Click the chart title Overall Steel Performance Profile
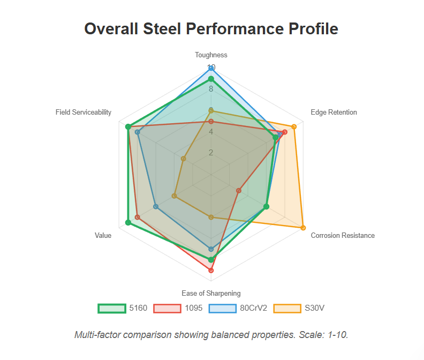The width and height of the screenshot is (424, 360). pos(211,28)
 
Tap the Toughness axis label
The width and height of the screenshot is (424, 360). pos(211,55)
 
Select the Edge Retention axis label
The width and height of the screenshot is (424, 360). pos(334,112)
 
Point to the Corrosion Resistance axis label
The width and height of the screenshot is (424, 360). pos(343,235)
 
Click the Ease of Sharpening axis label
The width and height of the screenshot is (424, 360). pos(211,293)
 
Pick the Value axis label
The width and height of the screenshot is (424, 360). pos(103,235)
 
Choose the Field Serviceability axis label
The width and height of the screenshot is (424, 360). pos(84,112)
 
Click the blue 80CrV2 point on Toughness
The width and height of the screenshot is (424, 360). pos(211,68)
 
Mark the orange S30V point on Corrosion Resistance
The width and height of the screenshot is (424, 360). pos(303,228)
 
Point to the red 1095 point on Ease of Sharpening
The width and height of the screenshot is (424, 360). pos(211,270)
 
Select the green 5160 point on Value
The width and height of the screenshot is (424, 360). pos(128,222)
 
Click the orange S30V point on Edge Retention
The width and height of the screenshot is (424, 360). pos(294,126)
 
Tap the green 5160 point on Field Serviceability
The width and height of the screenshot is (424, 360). pos(128,126)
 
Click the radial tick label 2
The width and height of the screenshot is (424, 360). pos(211,153)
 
